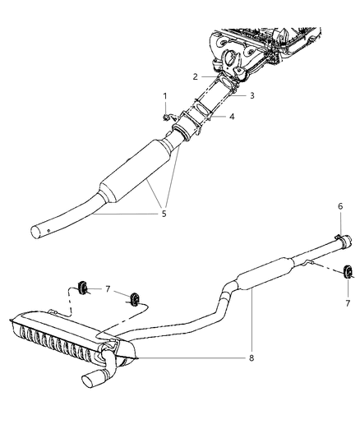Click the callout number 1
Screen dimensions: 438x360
pos(164,96)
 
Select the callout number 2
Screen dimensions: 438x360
pos(196,76)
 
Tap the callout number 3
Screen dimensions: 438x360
pos(252,96)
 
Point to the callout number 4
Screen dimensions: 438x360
pos(232,117)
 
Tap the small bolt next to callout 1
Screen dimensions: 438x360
pos(167,118)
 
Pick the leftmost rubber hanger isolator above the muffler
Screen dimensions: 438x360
pos(82,287)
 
